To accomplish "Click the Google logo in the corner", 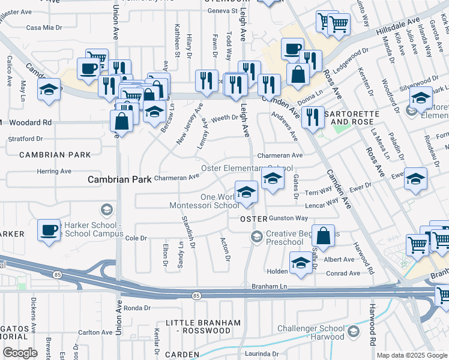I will click(20, 353).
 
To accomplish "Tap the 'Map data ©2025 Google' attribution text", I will click(411, 355).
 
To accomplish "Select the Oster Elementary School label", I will click(247, 169).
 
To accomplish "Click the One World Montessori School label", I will click(220, 201).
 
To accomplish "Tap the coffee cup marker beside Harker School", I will click(49, 230).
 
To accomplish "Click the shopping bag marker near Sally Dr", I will click(323, 236).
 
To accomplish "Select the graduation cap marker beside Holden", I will click(301, 262).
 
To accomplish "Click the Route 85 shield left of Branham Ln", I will click(196, 296).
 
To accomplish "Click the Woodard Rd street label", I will click(31, 122).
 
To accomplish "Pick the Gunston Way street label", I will click(288, 218).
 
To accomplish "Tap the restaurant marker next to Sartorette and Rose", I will click(312, 116).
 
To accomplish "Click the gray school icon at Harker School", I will click(106, 209).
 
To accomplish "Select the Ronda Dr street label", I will click(136, 308).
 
